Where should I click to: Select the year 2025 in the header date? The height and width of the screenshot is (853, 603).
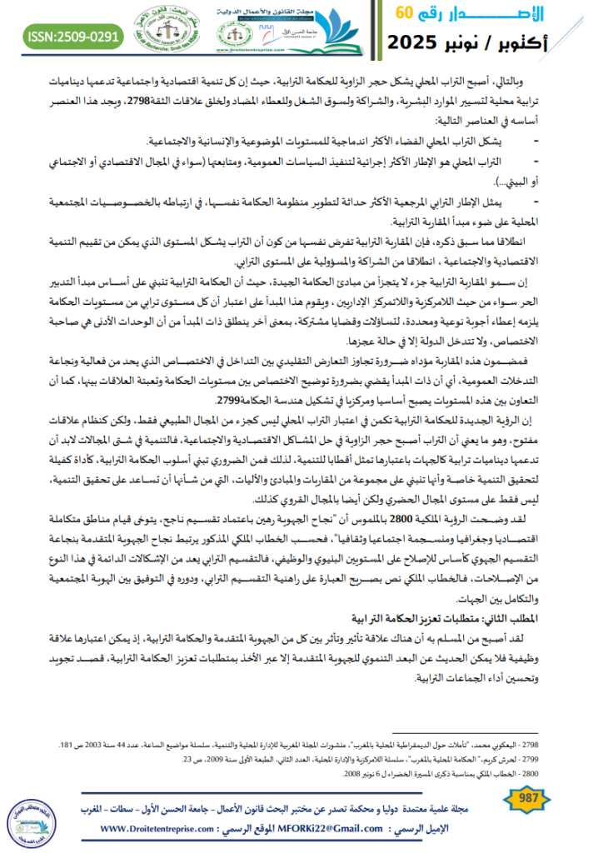(x=420, y=41)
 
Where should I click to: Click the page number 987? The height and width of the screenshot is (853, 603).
(x=528, y=801)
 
